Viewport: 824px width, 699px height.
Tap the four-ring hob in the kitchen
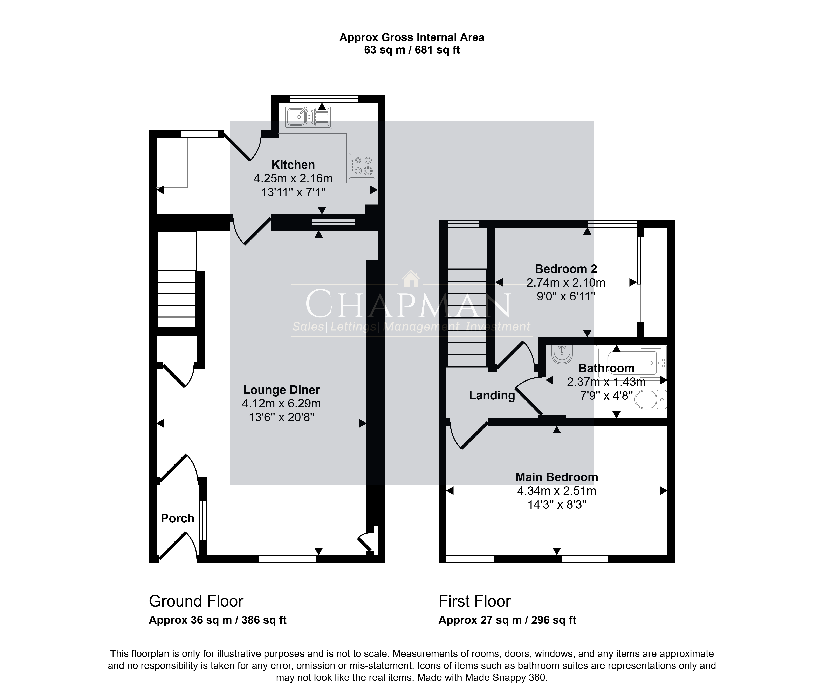tap(362, 165)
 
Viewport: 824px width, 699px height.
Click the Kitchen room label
tap(293, 165)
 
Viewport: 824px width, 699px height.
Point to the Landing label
tap(492, 395)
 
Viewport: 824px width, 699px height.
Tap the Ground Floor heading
tap(196, 601)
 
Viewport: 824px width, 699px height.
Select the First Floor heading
tap(475, 601)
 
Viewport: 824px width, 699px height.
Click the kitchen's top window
tap(324, 98)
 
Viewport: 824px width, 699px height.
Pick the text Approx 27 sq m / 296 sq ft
tap(507, 620)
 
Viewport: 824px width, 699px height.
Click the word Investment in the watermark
tap(498, 327)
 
